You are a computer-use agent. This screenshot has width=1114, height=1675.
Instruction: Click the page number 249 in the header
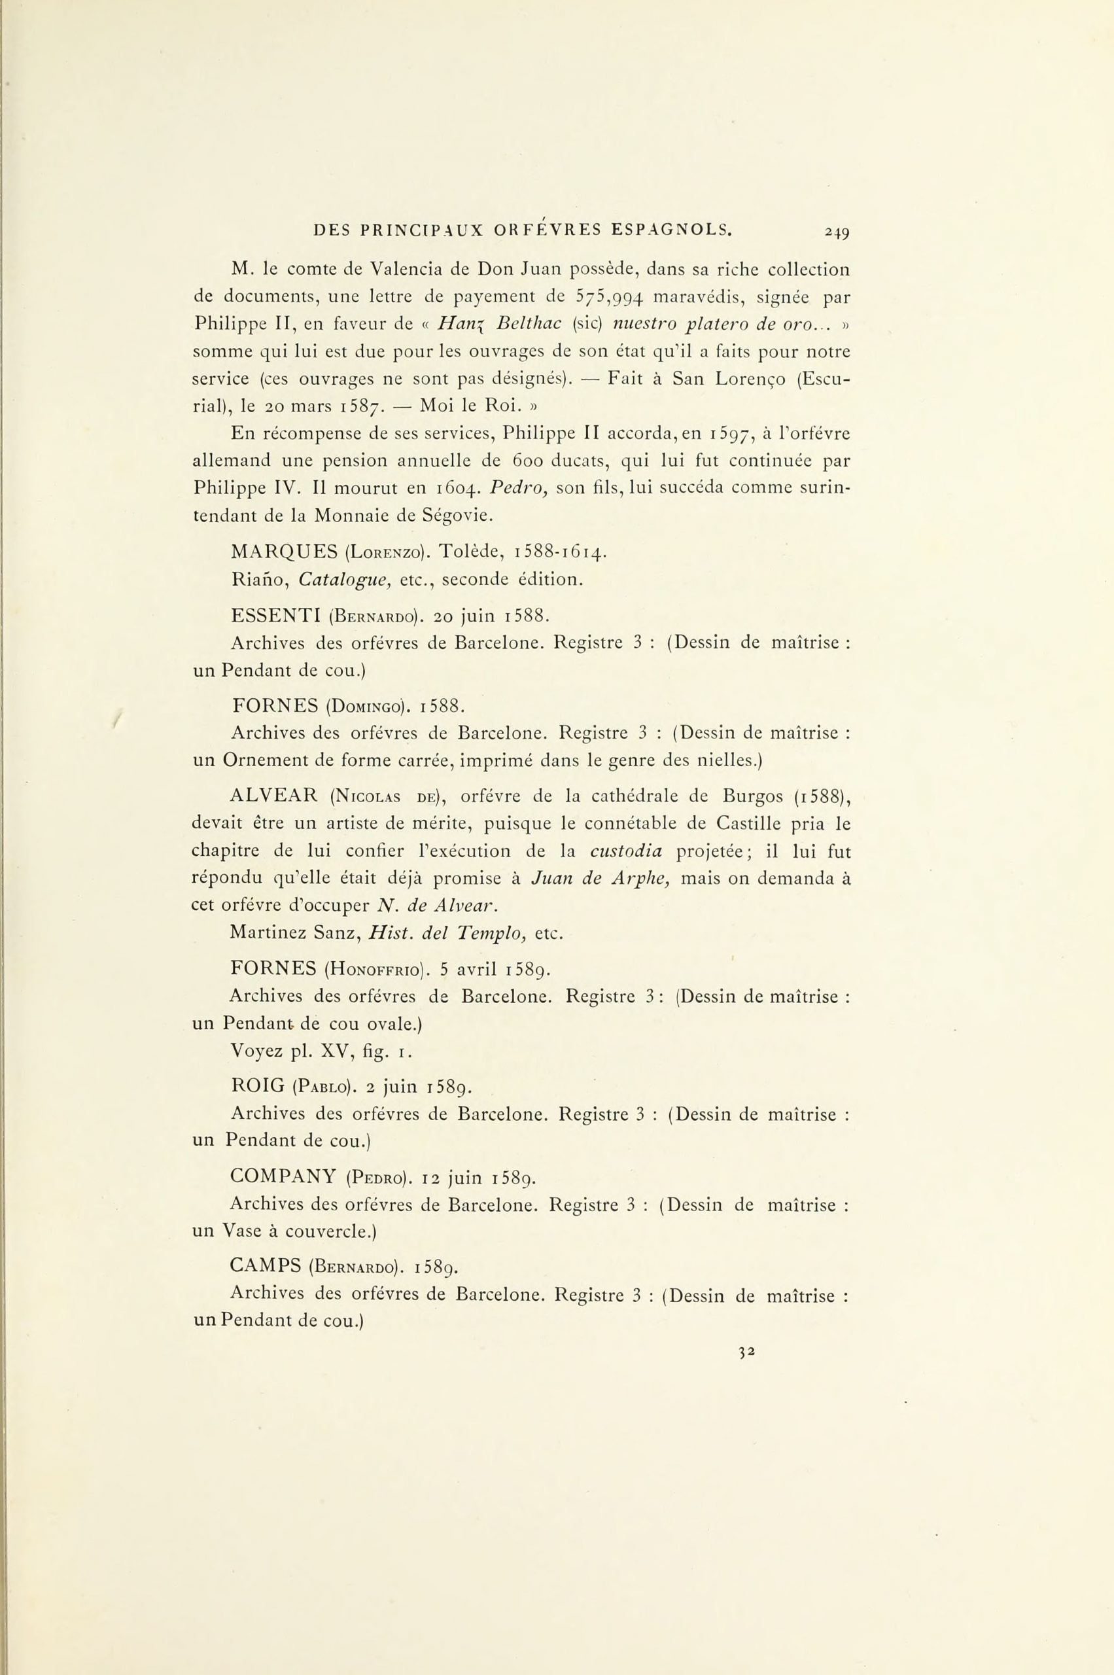(x=838, y=231)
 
